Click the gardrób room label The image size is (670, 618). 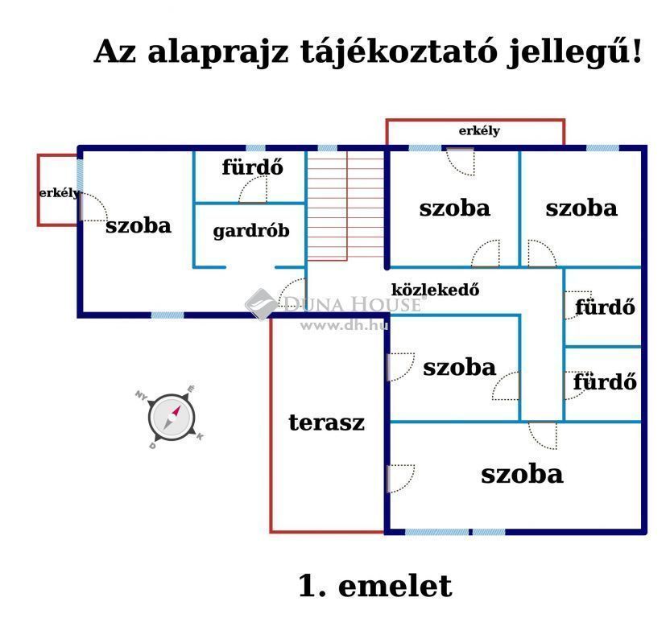point(251,231)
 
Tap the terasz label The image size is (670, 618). point(327,422)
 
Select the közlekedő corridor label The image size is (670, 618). point(436,290)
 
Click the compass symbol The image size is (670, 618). point(171,417)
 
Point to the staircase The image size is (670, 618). point(345,205)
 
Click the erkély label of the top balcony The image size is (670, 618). point(479,130)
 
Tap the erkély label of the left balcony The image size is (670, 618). point(59,193)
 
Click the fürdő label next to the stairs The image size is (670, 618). point(253,167)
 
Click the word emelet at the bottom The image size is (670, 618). point(395,586)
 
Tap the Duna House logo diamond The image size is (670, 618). point(260,303)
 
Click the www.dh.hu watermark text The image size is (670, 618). point(345,326)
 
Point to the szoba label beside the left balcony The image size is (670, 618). point(139,225)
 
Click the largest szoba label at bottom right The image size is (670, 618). point(522,474)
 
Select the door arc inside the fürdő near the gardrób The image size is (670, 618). point(253,189)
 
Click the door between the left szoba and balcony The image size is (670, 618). point(93,207)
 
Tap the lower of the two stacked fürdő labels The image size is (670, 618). point(605,381)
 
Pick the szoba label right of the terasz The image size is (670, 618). point(459,367)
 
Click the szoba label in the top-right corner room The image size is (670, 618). point(581,208)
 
